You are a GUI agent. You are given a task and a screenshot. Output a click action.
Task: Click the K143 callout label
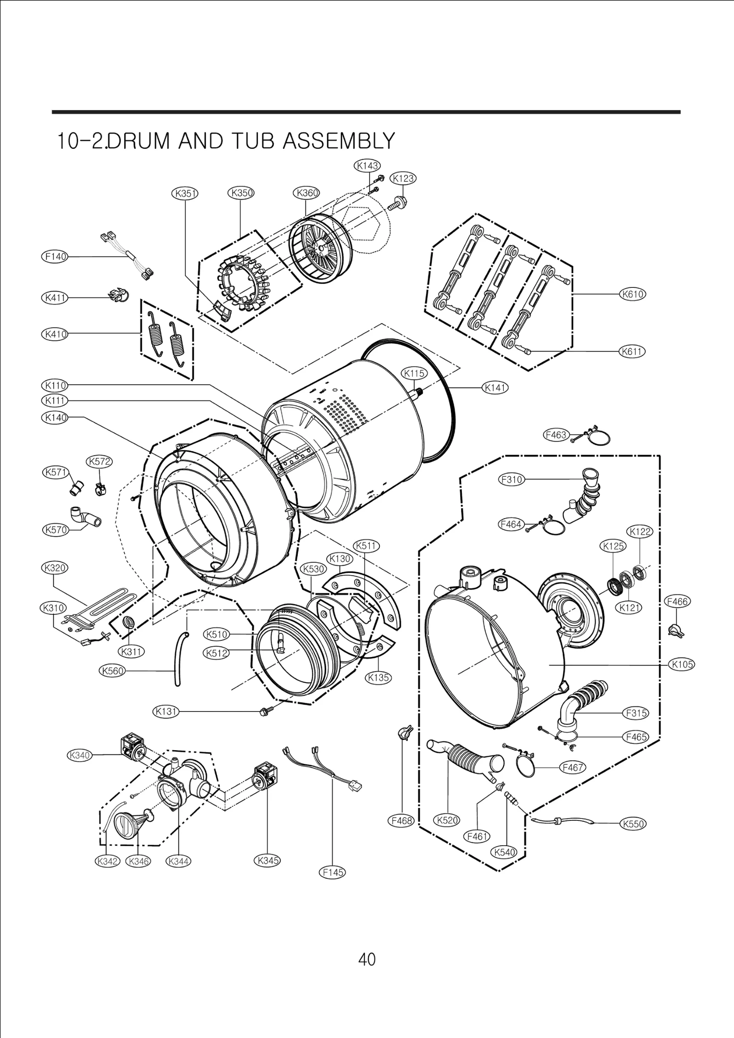tap(367, 166)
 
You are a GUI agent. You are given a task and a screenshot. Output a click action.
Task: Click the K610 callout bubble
tap(633, 294)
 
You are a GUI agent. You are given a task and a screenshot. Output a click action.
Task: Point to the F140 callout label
tap(55, 257)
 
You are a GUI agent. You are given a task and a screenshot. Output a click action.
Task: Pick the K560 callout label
tap(112, 671)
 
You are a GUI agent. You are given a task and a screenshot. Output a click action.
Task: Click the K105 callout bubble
tap(682, 664)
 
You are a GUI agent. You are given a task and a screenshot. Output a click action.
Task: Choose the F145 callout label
tap(332, 872)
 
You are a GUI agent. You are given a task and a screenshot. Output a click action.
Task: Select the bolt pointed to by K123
tap(397, 203)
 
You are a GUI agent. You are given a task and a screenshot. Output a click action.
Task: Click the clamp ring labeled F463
tap(599, 437)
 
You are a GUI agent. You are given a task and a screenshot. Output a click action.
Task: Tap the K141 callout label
tap(495, 388)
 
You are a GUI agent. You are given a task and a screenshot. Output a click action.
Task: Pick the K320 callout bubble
tap(55, 568)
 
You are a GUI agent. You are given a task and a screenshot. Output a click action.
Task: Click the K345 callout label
tap(267, 860)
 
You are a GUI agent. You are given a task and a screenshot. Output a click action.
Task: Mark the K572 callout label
tap(100, 461)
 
